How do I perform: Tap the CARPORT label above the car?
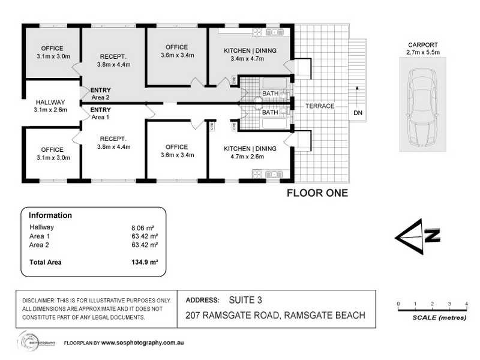[424, 44]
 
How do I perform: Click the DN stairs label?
[358, 113]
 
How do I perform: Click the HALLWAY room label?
[51, 102]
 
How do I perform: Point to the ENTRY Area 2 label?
[100, 94]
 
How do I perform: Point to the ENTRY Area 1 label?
[100, 114]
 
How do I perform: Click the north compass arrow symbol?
[418, 236]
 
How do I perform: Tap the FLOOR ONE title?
[317, 193]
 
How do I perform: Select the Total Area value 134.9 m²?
[145, 262]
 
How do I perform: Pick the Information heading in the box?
[50, 215]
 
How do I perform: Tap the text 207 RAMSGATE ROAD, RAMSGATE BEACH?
[275, 316]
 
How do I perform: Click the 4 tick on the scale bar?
[466, 304]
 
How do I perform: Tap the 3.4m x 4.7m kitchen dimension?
[250, 59]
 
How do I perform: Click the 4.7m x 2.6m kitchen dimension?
[250, 157]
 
